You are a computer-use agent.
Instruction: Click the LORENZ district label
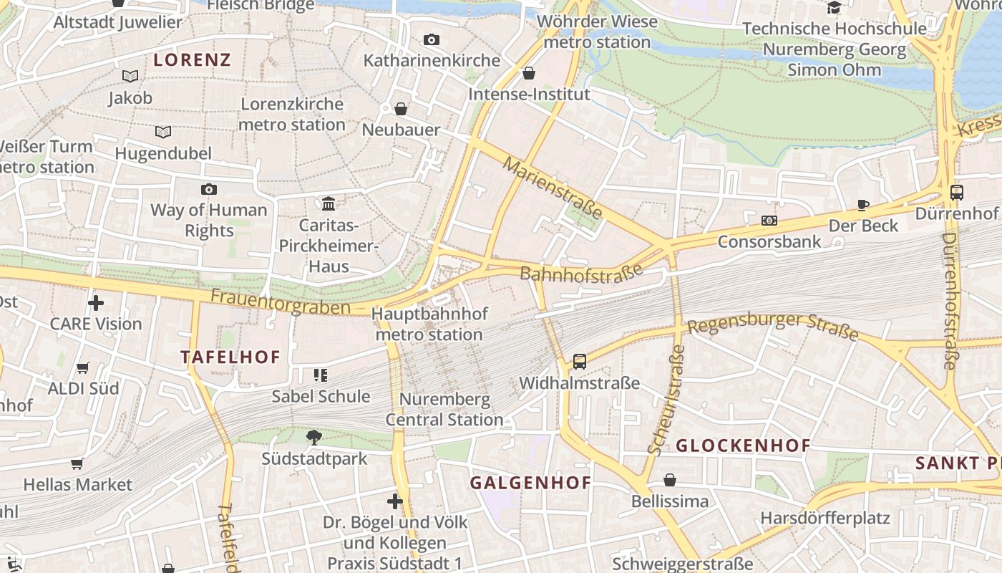coord(193,60)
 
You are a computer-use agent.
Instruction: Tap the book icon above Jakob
coord(130,76)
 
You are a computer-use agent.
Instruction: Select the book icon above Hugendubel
coord(163,132)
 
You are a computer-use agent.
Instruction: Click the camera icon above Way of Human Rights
coord(208,189)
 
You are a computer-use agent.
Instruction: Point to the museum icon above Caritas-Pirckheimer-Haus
coord(329,204)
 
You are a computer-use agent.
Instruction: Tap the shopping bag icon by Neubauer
coord(401,109)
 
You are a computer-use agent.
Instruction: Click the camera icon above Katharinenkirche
coord(431,40)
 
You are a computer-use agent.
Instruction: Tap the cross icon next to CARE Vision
coord(96,303)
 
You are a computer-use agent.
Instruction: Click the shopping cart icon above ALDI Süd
coord(83,367)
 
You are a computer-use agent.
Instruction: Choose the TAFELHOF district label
coord(230,357)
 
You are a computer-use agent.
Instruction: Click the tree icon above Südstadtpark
coord(313,437)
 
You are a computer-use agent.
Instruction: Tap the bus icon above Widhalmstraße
coord(579,362)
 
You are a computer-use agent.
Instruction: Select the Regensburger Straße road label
coord(772,326)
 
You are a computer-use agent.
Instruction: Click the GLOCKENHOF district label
coord(743,446)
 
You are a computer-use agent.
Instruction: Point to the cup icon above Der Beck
coord(863,205)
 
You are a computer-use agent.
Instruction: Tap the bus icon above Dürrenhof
coord(956,192)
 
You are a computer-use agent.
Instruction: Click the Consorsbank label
coord(769,241)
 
